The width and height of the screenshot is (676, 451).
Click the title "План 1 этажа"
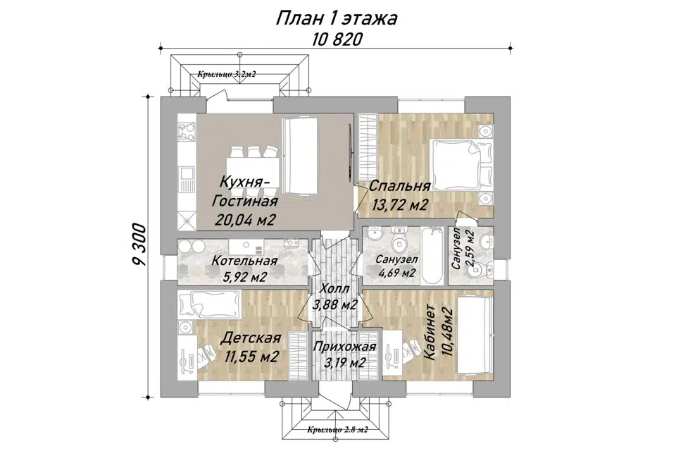[x=336, y=19]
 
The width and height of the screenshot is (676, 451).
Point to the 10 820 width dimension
[x=337, y=39]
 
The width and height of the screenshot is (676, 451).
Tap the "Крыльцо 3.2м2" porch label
[x=226, y=74]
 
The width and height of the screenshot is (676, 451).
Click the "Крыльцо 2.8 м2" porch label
[x=337, y=430]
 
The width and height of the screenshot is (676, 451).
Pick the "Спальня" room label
[x=400, y=186]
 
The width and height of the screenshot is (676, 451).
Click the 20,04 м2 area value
[x=245, y=219]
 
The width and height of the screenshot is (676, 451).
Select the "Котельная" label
[x=244, y=261]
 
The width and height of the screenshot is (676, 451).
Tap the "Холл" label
[x=335, y=289]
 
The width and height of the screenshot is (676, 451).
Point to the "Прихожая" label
[x=345, y=347]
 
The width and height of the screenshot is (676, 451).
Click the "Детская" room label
[x=251, y=338]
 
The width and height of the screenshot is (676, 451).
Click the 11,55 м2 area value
[x=251, y=357]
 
